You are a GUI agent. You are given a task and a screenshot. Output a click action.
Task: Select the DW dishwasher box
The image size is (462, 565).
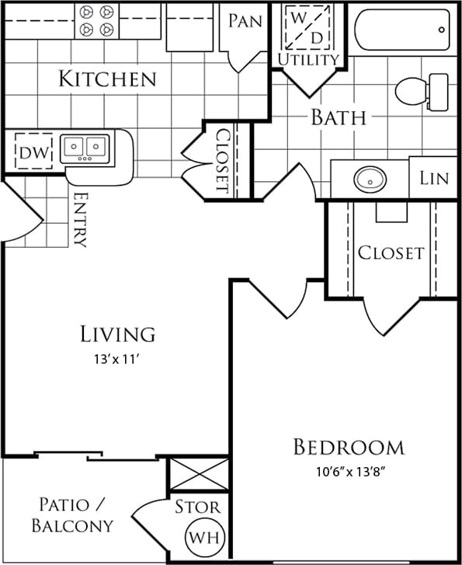31,152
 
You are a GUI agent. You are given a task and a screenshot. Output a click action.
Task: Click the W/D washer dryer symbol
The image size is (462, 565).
309,27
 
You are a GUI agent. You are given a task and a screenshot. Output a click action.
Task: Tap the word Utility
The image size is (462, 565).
309,59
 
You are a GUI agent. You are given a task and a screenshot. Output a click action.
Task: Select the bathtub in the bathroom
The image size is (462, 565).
402,30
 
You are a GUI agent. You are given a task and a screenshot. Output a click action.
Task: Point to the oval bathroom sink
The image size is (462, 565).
370,180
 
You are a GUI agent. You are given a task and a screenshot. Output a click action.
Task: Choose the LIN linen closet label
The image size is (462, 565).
434,177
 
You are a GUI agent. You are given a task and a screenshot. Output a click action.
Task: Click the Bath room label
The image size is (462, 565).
339,118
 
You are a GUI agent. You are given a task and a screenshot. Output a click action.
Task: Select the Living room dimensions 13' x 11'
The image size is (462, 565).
118,359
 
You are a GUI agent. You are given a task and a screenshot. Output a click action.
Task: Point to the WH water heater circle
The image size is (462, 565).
200,537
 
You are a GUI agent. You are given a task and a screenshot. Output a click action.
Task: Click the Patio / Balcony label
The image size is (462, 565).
72,514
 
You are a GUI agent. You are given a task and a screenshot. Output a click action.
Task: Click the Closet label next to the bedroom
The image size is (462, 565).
391,253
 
